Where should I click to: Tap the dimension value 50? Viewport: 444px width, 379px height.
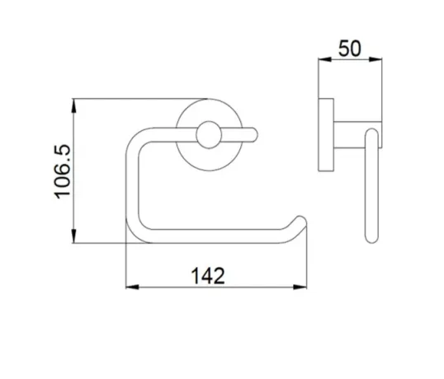350,49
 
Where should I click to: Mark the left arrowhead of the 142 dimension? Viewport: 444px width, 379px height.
130,288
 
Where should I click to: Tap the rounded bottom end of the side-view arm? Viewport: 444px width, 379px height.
371,237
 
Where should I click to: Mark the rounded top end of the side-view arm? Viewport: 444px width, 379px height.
371,133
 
